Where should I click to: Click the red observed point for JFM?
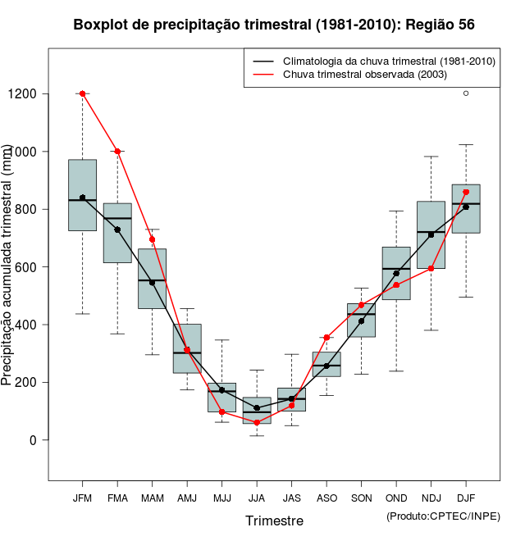[x=82, y=93]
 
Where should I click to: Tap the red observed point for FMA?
[x=117, y=152]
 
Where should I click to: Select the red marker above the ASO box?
[x=326, y=337]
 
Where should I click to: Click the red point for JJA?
[x=257, y=422]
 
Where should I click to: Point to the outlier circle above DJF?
[x=466, y=93]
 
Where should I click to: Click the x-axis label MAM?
[x=152, y=498]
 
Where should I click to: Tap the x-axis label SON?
[x=361, y=498]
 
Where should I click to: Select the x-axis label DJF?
[x=466, y=498]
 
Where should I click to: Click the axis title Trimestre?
[x=274, y=521]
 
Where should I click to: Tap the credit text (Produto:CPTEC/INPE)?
[x=443, y=516]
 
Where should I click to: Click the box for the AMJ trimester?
[x=187, y=348]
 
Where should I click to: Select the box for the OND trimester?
[x=396, y=273]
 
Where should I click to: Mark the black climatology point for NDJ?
[x=431, y=234]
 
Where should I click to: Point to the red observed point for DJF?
[x=466, y=192]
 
